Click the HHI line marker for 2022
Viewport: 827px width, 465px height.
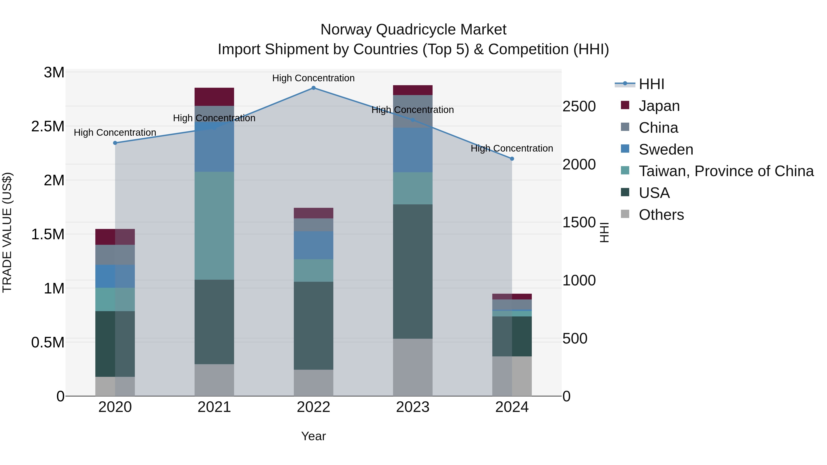[313, 88]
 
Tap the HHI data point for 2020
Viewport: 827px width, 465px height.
[115, 143]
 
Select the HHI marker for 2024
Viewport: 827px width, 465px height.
[512, 158]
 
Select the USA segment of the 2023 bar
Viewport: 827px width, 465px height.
[413, 271]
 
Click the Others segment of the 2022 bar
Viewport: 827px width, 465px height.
[313, 383]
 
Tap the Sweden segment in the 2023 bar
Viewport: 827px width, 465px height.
[413, 150]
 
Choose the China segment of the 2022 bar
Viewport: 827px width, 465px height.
[313, 225]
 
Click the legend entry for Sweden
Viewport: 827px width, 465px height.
[666, 149]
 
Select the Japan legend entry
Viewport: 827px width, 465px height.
[659, 106]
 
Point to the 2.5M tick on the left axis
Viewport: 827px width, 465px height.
[48, 127]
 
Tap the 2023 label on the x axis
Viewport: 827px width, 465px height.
[413, 407]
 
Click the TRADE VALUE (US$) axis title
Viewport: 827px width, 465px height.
[7, 232]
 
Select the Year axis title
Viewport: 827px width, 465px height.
[313, 436]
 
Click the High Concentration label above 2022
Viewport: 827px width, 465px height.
[313, 78]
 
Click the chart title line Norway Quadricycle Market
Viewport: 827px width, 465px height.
[413, 30]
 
